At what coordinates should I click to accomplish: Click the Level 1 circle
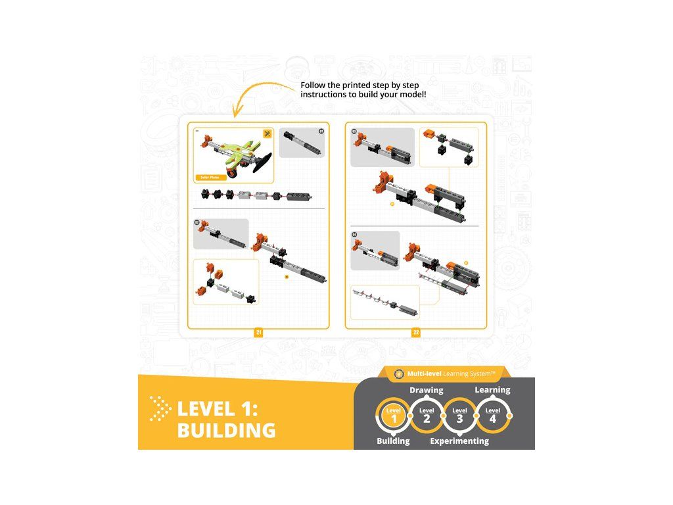394,415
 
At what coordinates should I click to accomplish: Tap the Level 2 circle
427,415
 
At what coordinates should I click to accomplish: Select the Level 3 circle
459,415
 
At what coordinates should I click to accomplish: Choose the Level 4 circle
492,415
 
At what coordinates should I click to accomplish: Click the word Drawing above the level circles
427,390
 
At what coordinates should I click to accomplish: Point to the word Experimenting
459,441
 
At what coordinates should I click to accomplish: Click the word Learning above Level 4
492,390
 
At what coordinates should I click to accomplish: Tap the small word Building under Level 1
393,441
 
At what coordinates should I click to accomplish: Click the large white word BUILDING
226,431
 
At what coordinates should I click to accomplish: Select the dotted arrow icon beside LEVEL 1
159,408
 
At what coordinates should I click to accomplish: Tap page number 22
416,333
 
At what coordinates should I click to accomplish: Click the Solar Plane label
210,178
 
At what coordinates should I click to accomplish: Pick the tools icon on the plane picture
267,133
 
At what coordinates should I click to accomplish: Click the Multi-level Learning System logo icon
398,373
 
